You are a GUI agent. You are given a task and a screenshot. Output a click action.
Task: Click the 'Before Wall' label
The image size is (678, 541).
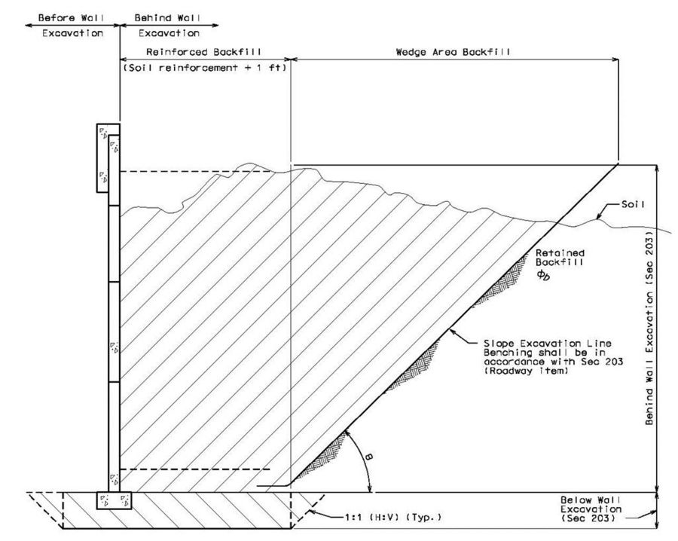(71, 18)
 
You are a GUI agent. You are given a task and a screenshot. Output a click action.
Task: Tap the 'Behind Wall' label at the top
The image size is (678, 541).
(167, 18)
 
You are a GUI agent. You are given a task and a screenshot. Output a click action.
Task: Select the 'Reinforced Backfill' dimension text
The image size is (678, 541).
(203, 52)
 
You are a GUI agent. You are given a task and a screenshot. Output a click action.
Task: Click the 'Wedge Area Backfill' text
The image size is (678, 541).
(453, 52)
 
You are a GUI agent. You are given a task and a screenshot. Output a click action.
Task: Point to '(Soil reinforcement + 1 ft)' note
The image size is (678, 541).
(205, 68)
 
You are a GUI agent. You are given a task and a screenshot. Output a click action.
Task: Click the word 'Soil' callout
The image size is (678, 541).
(633, 204)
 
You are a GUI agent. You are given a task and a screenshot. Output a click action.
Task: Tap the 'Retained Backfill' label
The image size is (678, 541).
(560, 257)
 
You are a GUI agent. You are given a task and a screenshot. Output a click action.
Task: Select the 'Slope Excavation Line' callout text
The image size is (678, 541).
(548, 344)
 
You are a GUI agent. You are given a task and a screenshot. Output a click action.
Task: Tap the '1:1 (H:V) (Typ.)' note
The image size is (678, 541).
(393, 517)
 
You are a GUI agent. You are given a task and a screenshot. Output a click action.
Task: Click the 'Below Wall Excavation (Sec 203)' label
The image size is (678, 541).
(591, 509)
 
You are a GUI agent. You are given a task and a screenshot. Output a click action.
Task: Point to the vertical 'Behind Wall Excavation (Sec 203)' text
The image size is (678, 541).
(649, 326)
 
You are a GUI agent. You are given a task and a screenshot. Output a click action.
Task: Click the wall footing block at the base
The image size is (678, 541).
(114, 500)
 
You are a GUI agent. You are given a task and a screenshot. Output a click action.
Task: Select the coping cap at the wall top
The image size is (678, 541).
(108, 157)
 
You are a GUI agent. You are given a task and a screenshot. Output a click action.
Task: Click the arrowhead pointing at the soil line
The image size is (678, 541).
(599, 217)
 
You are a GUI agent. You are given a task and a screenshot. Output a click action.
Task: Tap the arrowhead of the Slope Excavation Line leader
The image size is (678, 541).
(452, 332)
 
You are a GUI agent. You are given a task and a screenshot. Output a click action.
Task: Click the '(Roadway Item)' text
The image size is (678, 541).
(525, 371)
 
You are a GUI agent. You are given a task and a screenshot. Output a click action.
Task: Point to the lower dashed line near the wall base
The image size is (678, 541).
(194, 469)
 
